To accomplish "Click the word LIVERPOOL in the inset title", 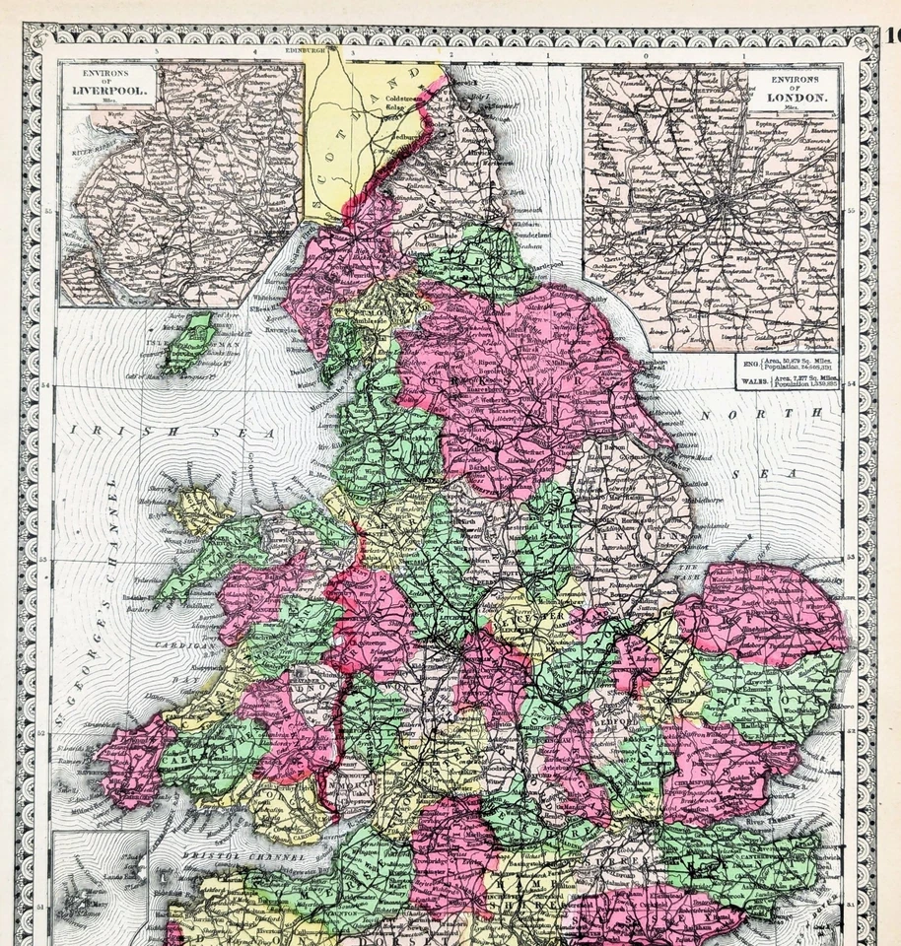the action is [109, 97].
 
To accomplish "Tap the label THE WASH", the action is [694, 571].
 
